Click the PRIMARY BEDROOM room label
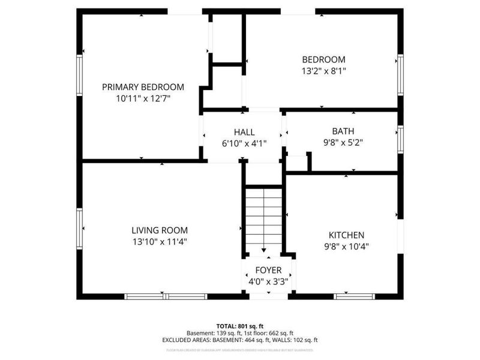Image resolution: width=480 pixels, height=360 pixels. pos(143,87)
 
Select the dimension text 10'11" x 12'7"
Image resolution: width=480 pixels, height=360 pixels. pos(143,98)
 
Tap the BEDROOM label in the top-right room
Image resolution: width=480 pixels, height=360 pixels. pos(323,59)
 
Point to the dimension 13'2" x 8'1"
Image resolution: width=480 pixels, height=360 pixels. pos(323,71)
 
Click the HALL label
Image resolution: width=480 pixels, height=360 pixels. pos(244,132)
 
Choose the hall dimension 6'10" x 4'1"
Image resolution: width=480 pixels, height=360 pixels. pos(244,143)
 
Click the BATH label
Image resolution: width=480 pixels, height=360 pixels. pos(343,131)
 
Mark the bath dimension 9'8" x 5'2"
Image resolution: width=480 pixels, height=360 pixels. pos(343,143)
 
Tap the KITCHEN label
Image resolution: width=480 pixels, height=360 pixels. pos(346,235)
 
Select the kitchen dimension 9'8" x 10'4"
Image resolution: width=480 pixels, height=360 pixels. pos(346,246)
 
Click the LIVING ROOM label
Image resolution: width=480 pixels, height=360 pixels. pos(160,230)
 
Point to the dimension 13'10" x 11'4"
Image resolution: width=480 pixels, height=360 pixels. pos(160,242)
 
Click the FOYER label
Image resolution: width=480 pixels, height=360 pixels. pos(268,270)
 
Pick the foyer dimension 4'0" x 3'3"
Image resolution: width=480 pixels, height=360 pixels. pos(268,281)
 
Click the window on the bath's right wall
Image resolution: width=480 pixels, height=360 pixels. pos(400,139)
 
